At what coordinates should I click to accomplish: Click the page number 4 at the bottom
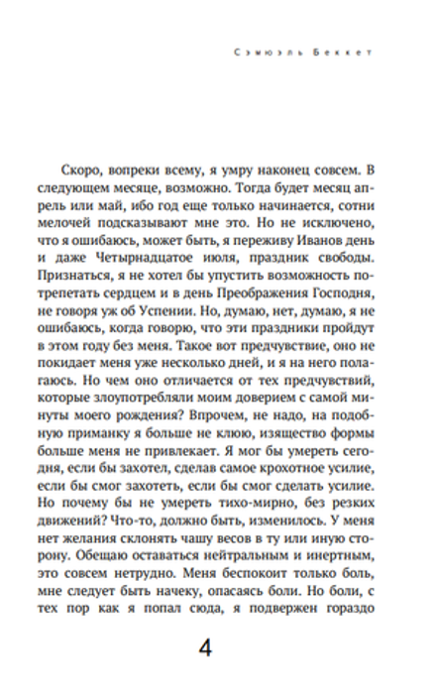tap(206, 648)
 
